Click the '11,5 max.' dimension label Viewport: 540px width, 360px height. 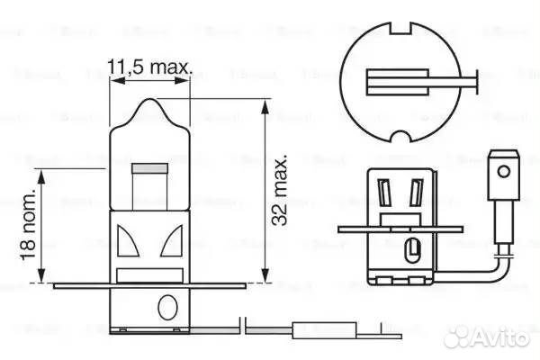(x=150, y=67)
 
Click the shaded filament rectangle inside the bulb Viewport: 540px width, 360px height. (x=149, y=168)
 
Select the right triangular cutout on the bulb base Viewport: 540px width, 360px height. (x=174, y=242)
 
